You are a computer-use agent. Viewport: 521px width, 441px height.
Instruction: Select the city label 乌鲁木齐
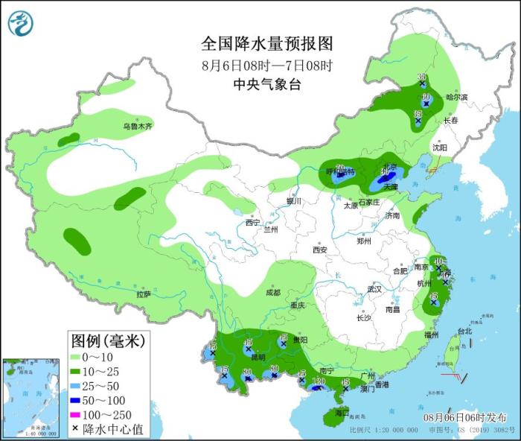[138, 127]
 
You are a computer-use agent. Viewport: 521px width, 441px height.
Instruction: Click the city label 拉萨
[144, 294]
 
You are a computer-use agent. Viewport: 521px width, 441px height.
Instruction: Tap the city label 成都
[272, 293]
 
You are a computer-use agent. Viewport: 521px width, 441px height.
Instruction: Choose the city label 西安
[320, 250]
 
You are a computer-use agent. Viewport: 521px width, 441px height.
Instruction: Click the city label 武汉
[374, 289]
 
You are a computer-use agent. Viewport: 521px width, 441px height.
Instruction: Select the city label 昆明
[257, 357]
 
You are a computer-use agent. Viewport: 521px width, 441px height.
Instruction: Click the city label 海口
[342, 412]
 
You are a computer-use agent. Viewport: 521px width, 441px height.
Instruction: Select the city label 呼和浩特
[340, 171]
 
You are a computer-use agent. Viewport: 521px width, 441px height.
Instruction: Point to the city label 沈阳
[440, 148]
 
